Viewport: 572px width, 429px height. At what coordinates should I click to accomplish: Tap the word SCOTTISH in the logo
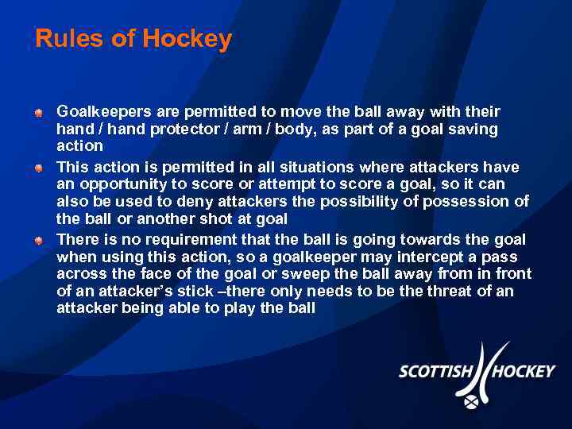pos(435,372)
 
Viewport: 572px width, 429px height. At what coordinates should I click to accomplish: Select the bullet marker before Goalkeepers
pos(38,113)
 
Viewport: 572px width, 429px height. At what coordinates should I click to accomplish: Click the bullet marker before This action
pos(38,168)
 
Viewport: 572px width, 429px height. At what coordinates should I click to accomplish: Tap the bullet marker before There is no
pos(38,241)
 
